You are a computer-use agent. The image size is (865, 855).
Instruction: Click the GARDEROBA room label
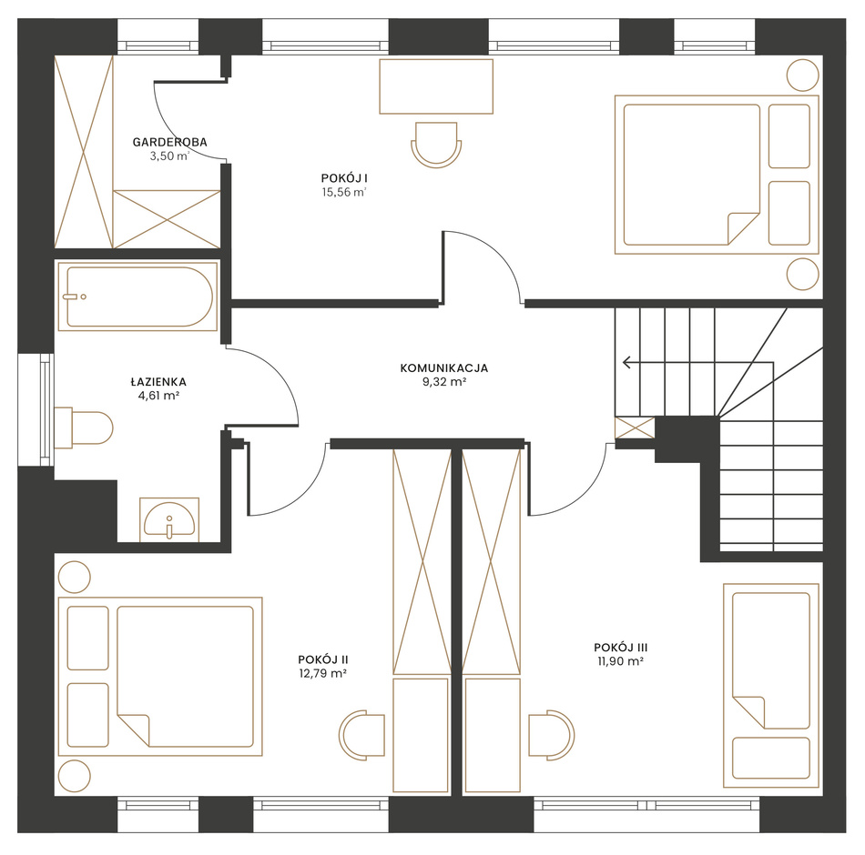pos(170,142)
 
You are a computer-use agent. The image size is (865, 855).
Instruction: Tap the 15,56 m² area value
pos(344,192)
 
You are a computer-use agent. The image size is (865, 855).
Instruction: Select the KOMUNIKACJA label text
pos(444,367)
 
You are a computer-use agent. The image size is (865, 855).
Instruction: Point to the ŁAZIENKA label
pos(158,381)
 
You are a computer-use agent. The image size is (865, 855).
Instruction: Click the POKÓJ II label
pos(323,659)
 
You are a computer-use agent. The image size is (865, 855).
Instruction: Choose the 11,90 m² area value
pos(621,661)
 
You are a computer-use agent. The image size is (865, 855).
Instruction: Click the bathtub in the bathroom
pos(137,297)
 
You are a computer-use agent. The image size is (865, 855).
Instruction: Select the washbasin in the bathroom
pos(168,520)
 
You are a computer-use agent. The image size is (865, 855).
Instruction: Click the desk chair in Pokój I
pos(436,145)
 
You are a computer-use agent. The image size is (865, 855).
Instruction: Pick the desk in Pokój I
pos(436,86)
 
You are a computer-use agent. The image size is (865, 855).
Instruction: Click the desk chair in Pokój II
pos(361,735)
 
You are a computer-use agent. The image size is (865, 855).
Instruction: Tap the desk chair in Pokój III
pos(552,735)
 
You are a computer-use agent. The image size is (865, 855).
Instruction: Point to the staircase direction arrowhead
pos(626,362)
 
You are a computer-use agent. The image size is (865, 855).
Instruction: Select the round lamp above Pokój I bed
pos(803,75)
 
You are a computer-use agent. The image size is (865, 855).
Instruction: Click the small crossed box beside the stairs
pos(635,427)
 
